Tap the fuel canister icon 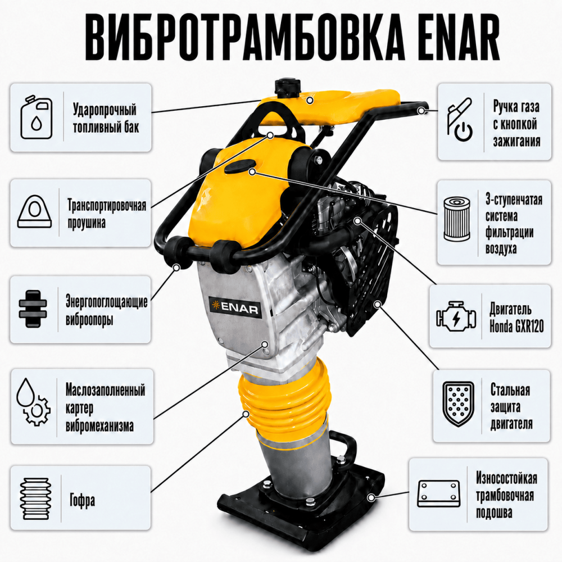pos(36,117)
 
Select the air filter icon pos(456,219)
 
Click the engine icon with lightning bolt pos(456,316)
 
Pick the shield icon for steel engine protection pos(458,404)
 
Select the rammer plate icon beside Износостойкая pos(439,493)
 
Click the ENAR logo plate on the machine pos(235,307)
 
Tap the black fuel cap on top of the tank pos(287,88)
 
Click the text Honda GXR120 pos(516,326)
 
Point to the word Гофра pos(83,500)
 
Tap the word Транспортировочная pos(107,205)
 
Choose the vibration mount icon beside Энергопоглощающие pos(33,308)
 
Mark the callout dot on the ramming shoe pos(371,497)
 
